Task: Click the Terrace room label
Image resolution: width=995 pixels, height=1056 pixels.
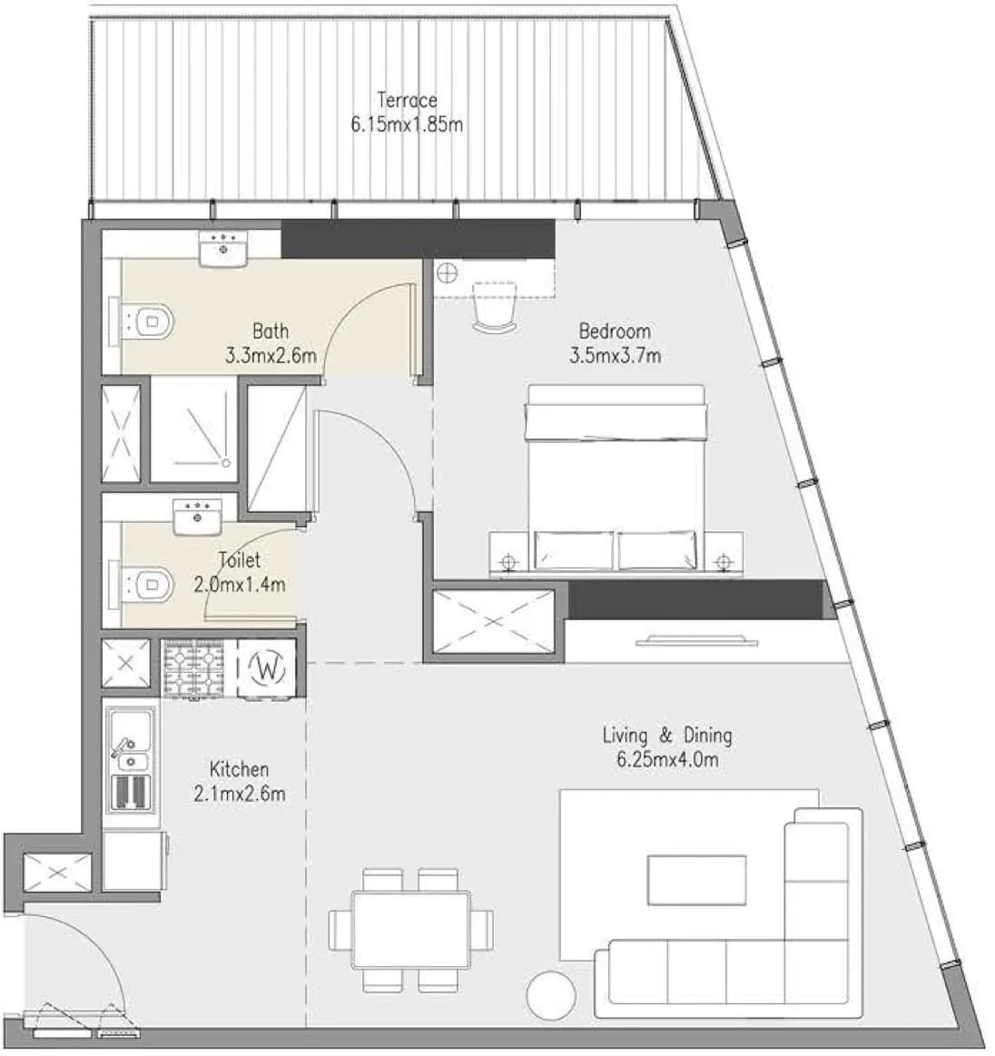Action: tap(407, 101)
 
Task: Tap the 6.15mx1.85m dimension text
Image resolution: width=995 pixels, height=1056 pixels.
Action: tap(407, 124)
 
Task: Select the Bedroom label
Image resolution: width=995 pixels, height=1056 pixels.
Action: tap(615, 331)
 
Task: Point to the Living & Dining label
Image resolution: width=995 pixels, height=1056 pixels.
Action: tap(667, 735)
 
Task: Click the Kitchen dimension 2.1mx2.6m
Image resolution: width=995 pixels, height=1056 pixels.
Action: tap(240, 794)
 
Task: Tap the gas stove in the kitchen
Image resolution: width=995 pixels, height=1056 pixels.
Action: tap(194, 668)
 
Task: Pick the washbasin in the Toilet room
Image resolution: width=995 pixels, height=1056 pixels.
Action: tap(197, 517)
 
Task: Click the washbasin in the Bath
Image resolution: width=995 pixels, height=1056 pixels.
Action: tap(223, 249)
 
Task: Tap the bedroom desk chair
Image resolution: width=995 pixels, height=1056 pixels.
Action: tap(495, 307)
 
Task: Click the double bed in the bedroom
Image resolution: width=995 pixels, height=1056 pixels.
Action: tap(616, 479)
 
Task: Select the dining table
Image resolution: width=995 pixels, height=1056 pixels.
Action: tap(410, 930)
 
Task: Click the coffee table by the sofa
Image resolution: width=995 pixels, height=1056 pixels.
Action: tap(696, 880)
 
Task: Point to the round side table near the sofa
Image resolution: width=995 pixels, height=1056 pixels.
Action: tap(551, 995)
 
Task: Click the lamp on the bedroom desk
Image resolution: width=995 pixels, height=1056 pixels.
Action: tap(447, 272)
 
